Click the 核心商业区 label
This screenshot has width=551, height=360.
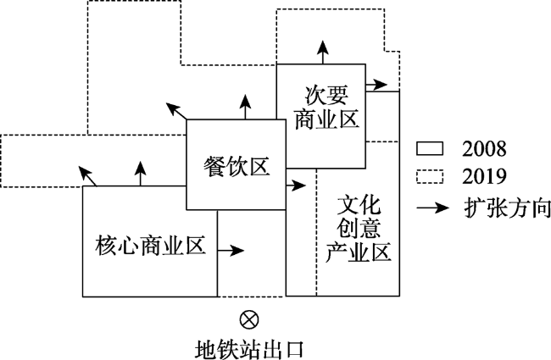[x=150, y=246]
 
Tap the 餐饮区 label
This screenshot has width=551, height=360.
[x=237, y=167]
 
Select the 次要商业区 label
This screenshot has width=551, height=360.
[x=326, y=107]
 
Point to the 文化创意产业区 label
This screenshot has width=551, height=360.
[x=359, y=230]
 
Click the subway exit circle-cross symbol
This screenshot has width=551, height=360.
[x=249, y=320]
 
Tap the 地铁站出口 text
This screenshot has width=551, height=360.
[x=249, y=349]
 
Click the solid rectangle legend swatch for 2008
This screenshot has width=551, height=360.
[x=430, y=148]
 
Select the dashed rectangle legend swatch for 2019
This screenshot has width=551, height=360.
[x=430, y=176]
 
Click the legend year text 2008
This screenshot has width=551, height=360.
[x=484, y=149]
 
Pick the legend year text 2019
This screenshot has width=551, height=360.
[x=484, y=176]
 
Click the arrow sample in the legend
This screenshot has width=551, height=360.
[x=433, y=208]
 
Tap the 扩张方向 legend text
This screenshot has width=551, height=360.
[x=507, y=208]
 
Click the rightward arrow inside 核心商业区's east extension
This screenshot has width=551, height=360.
[x=231, y=251]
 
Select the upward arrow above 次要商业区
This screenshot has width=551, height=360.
[x=323, y=52]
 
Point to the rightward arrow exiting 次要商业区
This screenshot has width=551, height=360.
[x=376, y=85]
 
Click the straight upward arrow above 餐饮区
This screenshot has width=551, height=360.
[x=245, y=107]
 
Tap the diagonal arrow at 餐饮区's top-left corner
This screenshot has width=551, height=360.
[x=176, y=111]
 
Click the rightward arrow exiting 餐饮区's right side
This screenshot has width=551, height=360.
[x=296, y=186]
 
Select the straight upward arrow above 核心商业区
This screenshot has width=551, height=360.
[x=141, y=174]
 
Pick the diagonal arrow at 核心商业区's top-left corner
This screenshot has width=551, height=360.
[x=87, y=176]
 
